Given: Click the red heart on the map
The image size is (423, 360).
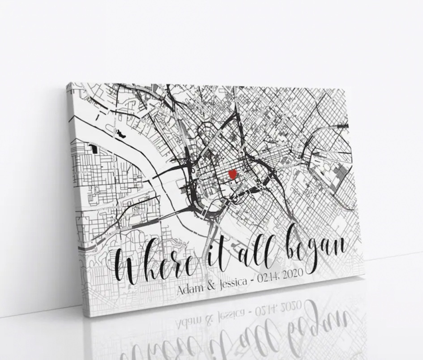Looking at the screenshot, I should tap(232, 174).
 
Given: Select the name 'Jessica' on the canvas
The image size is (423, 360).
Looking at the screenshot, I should tap(235, 282).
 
